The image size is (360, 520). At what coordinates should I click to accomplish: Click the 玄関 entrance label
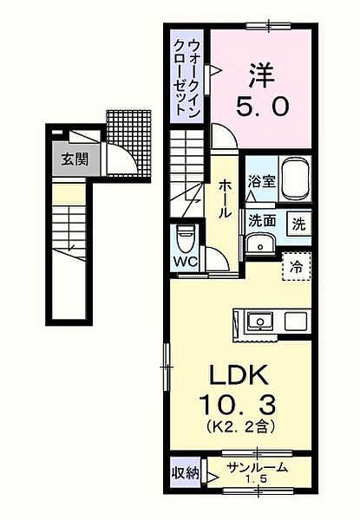pos(75,160)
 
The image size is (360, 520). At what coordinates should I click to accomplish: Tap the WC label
pos(187,262)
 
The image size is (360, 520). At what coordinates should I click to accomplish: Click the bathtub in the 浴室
pos(296,179)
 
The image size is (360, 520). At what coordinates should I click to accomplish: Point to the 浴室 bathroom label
pos(262,181)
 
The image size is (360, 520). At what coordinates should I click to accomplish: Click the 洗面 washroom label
pos(262,220)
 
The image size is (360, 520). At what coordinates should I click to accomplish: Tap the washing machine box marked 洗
pos(299,224)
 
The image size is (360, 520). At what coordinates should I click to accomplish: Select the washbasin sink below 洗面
pos(260,244)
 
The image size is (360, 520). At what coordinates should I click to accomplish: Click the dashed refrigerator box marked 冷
pos(297,266)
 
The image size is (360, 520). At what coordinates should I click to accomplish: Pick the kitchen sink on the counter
pos(260,322)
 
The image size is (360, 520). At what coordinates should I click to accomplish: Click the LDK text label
pos(239,374)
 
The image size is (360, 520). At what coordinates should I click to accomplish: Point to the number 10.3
pos(238,406)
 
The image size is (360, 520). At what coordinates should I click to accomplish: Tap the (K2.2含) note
pos(239,427)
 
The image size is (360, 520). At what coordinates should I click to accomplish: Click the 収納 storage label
pos(185,473)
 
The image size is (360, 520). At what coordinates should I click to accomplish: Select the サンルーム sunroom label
pos(257,468)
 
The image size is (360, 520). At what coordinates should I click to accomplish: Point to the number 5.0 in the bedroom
pos(262,107)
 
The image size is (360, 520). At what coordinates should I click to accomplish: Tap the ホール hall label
pos(225,198)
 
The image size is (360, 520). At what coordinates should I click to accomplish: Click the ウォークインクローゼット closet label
pos(187,77)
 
